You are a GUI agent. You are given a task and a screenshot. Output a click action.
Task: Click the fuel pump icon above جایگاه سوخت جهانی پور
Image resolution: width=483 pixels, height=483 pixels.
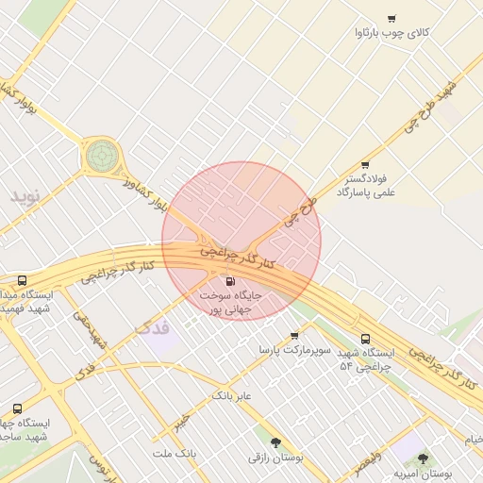click(230, 281)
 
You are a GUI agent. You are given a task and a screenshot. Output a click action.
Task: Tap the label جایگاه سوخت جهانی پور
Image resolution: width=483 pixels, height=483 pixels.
click(230, 302)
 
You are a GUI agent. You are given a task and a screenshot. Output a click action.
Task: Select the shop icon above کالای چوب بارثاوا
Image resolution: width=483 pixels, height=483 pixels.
click(391, 18)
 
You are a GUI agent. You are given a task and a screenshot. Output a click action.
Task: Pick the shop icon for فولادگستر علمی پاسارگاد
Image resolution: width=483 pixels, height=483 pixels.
click(365, 164)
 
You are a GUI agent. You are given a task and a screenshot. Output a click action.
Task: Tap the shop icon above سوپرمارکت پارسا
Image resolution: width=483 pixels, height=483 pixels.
click(294, 335)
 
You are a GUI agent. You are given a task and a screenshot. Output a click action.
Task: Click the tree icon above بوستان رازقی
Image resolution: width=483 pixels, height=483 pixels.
click(275, 441)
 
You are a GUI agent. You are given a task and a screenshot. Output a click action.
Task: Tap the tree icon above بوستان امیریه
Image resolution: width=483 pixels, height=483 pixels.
click(422, 458)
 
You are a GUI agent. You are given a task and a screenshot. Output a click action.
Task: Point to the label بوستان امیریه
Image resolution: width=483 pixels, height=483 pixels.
click(423, 473)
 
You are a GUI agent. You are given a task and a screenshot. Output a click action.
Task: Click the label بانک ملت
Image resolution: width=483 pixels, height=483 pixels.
click(175, 454)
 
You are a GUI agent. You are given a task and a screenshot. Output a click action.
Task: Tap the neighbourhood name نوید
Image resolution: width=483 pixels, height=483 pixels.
click(26, 196)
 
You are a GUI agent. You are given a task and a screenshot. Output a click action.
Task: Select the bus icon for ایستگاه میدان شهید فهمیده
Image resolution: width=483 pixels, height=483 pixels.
click(22, 280)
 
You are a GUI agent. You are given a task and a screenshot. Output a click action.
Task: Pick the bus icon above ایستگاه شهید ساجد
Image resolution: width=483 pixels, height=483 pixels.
click(18, 408)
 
